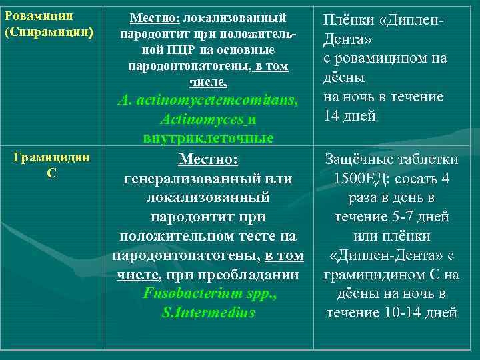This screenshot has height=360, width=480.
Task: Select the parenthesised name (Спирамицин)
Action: tap(49, 32)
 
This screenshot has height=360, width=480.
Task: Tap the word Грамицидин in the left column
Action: tap(51, 157)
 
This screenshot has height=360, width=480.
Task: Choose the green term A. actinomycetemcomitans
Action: tap(207, 101)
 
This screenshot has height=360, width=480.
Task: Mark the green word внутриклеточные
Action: tap(208, 139)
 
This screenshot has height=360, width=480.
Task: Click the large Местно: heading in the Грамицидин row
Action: tap(208, 160)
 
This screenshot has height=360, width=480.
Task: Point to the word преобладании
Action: tap(256, 275)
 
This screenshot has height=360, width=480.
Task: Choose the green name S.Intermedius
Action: tap(208, 312)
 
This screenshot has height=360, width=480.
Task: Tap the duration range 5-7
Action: tap(398, 217)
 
